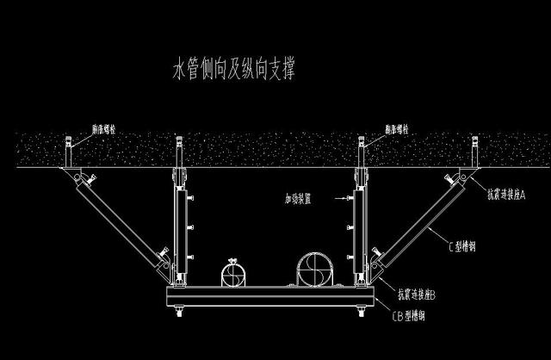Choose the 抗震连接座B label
click(x=420, y=295)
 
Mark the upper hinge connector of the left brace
click(x=84, y=178)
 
